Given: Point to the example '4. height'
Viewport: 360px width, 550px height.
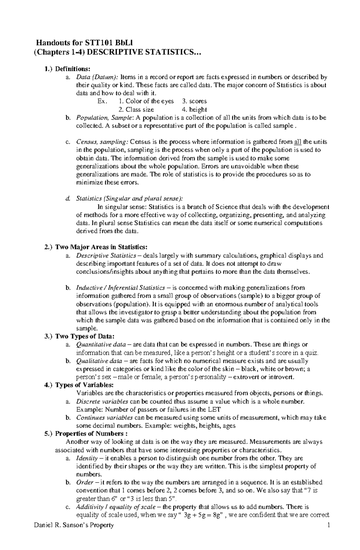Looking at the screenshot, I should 194,109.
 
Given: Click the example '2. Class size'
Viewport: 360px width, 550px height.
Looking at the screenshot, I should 136,109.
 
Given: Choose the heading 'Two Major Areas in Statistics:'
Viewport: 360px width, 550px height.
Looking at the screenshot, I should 102,247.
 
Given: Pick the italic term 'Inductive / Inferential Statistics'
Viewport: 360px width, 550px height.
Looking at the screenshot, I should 120,288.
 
